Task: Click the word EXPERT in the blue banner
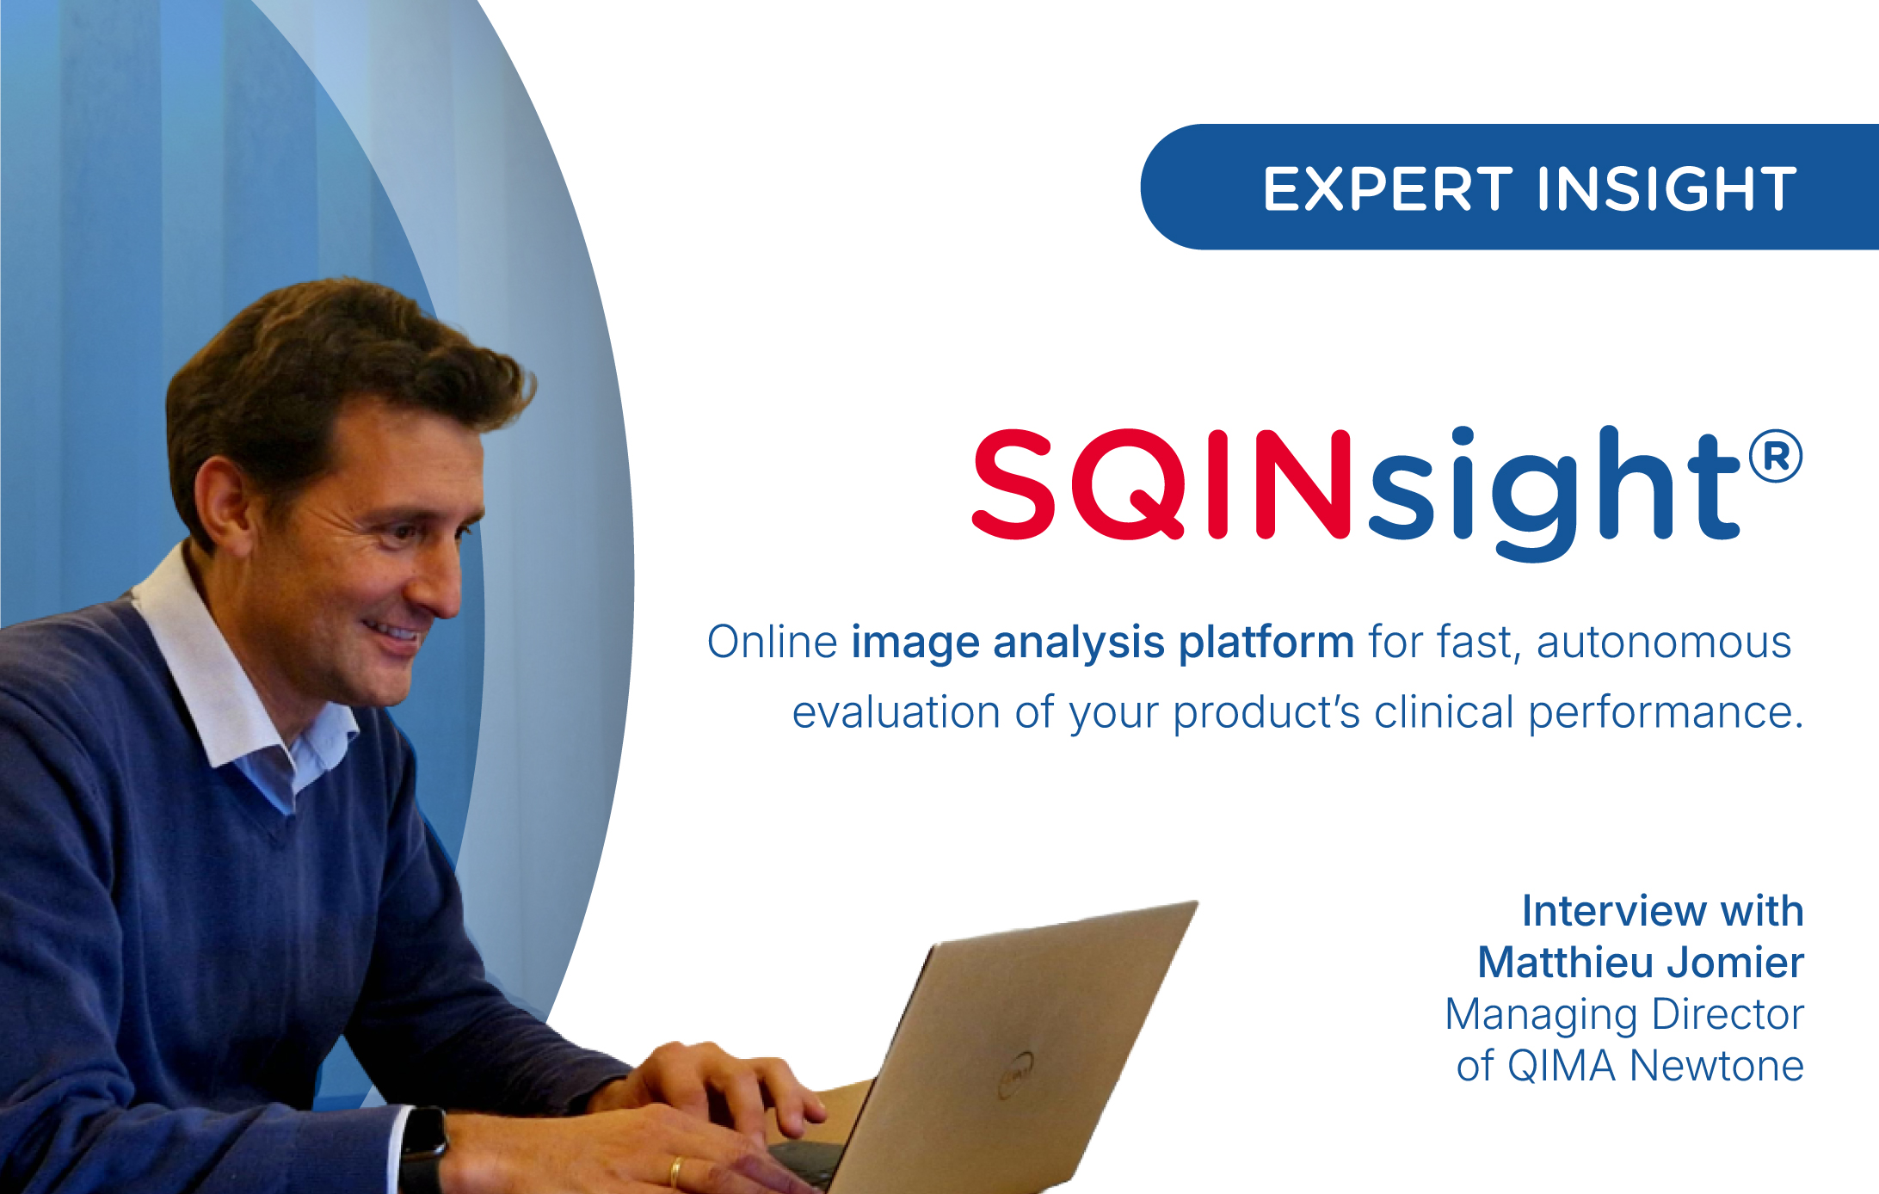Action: (x=1387, y=188)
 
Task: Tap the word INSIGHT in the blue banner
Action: (x=1667, y=188)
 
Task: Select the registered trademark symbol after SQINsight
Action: (x=1776, y=456)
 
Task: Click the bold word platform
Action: (x=1266, y=643)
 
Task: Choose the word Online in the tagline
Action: (x=772, y=642)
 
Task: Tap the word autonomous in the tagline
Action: (x=1664, y=643)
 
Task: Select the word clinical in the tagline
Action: (x=1444, y=711)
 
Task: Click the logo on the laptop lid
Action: (x=1016, y=1075)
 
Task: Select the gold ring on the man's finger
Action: (x=676, y=1172)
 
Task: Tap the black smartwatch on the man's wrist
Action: (x=423, y=1149)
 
